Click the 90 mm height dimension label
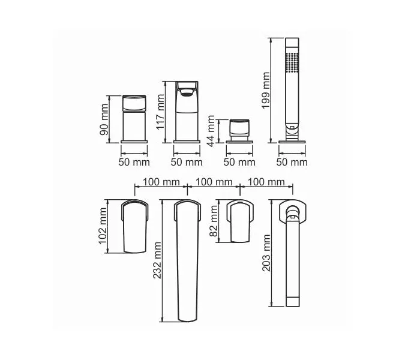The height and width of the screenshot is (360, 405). [x=104, y=119]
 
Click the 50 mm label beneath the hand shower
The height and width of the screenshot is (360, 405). [x=292, y=162]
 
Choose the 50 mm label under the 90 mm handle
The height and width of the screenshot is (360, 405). [x=134, y=162]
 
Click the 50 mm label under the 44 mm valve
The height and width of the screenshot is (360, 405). [x=239, y=162]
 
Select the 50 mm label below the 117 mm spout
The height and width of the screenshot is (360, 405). [x=187, y=162]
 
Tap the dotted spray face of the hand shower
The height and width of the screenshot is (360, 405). [x=292, y=62]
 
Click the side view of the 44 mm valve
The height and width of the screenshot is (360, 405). [x=239, y=131]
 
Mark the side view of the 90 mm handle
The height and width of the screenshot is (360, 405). [x=134, y=117]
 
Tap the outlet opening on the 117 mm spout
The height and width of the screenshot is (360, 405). [x=187, y=92]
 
